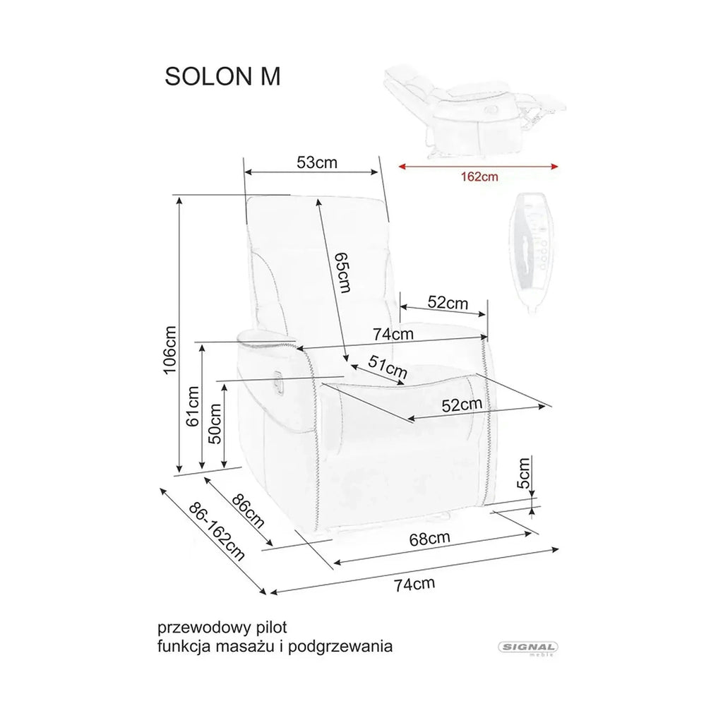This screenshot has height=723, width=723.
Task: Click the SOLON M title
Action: (x=222, y=76)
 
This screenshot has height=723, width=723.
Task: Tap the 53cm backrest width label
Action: (x=317, y=162)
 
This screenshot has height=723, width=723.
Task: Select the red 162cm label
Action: (x=479, y=177)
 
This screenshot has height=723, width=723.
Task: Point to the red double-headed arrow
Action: (x=478, y=167)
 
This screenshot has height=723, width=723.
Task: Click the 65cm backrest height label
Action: (x=342, y=273)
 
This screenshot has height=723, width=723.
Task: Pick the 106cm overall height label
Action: (x=169, y=350)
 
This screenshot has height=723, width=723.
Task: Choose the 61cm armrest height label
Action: (x=193, y=406)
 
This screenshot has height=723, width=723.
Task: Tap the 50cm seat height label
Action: (x=215, y=424)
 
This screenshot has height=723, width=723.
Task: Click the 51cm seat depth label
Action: (x=388, y=367)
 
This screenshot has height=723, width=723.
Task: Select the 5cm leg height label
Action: (x=523, y=472)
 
